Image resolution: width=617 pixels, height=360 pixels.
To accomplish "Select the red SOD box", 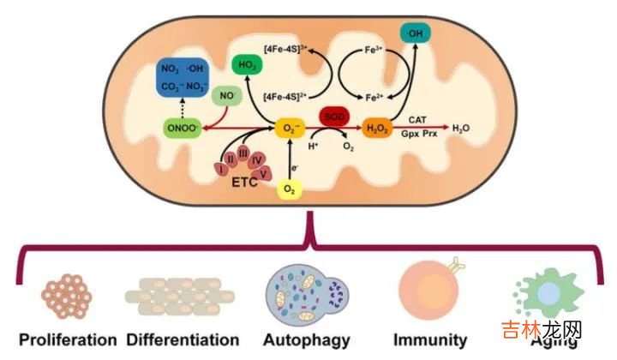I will click(x=333, y=115).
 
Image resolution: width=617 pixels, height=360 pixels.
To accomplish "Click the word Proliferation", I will click(x=67, y=339).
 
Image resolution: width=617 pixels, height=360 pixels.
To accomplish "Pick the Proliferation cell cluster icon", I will click(x=65, y=294).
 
